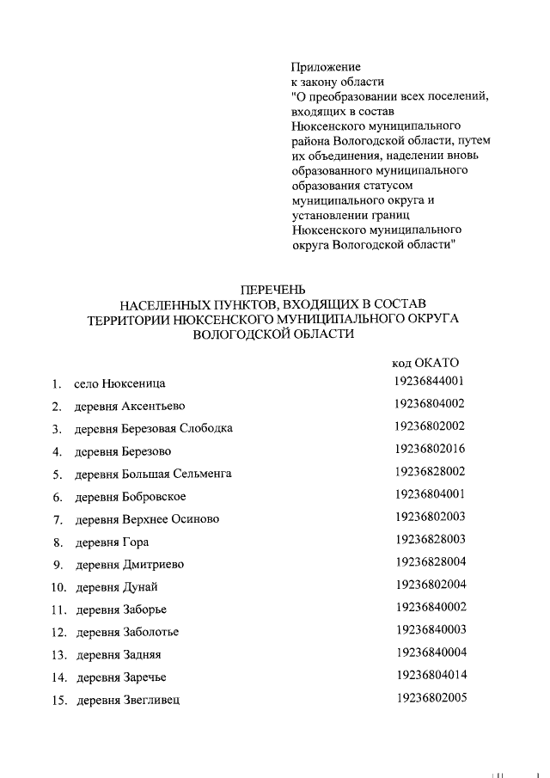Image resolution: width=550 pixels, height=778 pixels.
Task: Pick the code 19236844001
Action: tap(431, 381)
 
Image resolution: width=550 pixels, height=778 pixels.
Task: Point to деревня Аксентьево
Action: tap(130, 406)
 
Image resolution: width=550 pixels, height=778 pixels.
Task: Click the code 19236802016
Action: tap(431, 449)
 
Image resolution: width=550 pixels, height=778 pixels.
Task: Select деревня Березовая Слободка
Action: tap(153, 428)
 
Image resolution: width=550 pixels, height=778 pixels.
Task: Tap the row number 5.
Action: tap(56, 475)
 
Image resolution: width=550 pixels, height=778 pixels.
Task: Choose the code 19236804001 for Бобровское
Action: tap(431, 494)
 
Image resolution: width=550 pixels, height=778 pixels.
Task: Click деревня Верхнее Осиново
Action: tap(146, 519)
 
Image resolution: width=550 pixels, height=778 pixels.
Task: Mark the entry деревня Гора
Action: tap(112, 542)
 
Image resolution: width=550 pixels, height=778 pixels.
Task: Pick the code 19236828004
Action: tap(431, 562)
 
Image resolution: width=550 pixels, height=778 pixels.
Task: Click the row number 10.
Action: tap(58, 587)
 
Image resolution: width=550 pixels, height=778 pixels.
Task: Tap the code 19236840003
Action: tap(431, 630)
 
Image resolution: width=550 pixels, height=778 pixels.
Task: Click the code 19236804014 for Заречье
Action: tap(431, 675)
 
